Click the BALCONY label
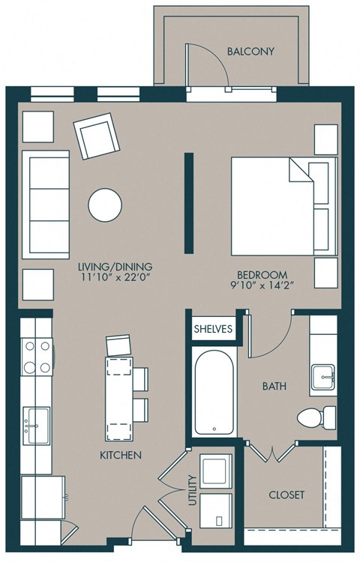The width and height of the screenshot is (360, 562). click(250, 52)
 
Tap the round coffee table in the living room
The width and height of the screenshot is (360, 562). click(104, 203)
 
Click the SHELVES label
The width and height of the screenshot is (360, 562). click(214, 328)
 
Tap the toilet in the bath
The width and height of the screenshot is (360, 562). click(316, 416)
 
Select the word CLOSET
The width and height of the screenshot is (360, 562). click(286, 495)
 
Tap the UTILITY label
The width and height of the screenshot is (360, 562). click(193, 491)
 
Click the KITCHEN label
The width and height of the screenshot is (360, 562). click(121, 455)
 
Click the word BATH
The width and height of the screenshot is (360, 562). click(273, 387)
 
